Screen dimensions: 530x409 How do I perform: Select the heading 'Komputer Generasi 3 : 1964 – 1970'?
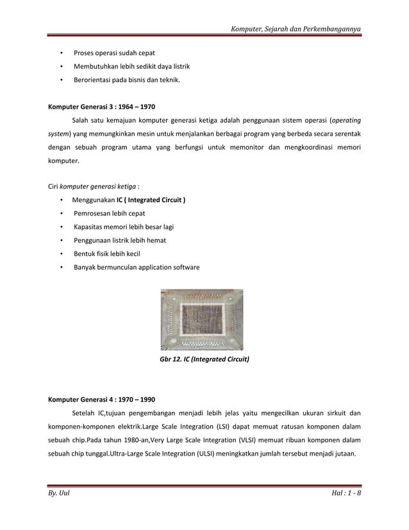pyautogui.click(x=102, y=106)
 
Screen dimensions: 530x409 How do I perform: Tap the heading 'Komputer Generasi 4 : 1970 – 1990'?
pyautogui.click(x=102, y=398)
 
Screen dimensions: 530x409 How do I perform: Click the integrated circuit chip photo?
pyautogui.click(x=201, y=319)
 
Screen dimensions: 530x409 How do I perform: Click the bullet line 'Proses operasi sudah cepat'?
pyautogui.click(x=115, y=53)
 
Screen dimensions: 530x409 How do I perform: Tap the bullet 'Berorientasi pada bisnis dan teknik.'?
pyautogui.click(x=126, y=81)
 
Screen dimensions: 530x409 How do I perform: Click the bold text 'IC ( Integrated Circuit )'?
pyautogui.click(x=151, y=200)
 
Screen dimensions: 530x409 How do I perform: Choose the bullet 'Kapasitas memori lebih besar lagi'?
pyautogui.click(x=124, y=227)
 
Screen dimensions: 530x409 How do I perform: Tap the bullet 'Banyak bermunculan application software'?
pyautogui.click(x=137, y=267)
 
